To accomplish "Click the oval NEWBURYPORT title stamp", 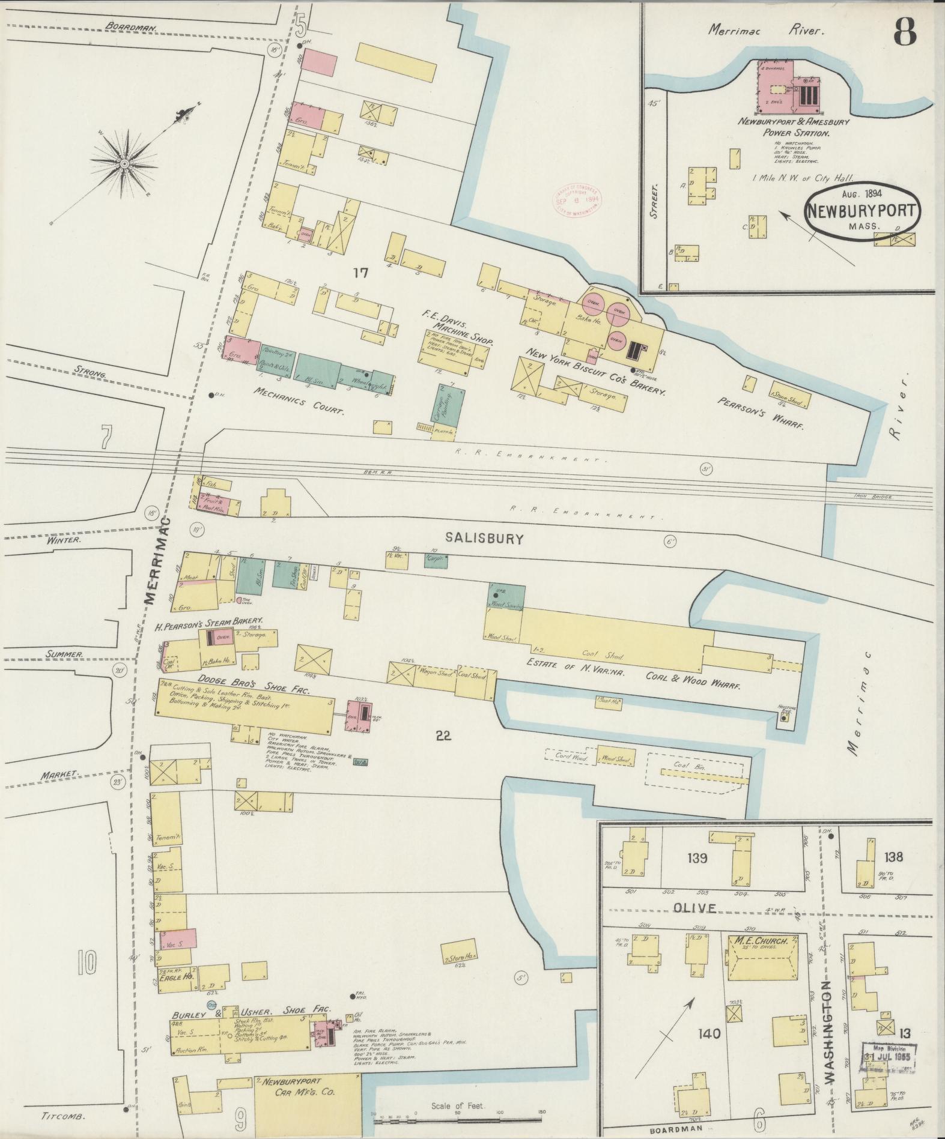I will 863,212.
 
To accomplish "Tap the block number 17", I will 360,273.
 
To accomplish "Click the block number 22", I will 444,736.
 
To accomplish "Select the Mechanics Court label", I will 298,402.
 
